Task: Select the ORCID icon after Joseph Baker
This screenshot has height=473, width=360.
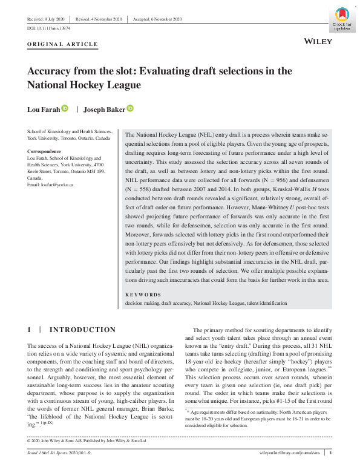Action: coord(130,109)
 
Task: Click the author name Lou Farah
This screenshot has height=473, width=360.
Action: coord(43,109)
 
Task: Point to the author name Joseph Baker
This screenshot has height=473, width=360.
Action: coord(105,109)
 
